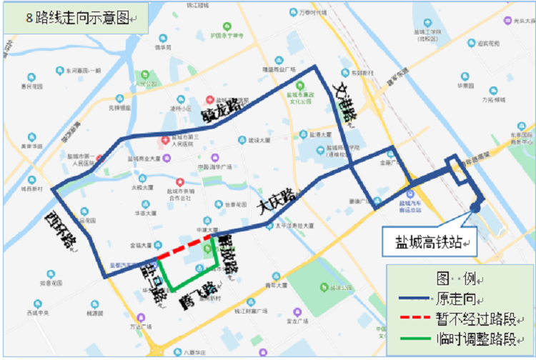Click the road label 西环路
click(x=60, y=227)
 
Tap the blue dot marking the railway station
click(x=475, y=208)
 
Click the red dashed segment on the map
click(x=185, y=245)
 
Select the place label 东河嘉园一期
click(x=84, y=70)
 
